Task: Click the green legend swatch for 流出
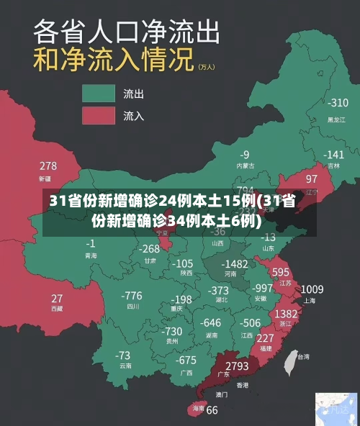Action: tap(99, 94)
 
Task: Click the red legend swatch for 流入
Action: tap(99, 115)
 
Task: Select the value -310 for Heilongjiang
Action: tap(338, 103)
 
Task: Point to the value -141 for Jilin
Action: tap(333, 155)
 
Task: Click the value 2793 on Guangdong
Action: tap(237, 366)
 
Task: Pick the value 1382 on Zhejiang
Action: tap(287, 314)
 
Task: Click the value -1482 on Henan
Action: tap(235, 264)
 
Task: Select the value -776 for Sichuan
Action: tap(132, 296)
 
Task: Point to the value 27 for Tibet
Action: tap(57, 298)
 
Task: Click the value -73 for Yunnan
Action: tap(123, 355)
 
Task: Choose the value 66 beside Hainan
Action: tap(212, 411)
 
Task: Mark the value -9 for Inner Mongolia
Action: tap(245, 155)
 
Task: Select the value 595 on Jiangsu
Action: tap(281, 272)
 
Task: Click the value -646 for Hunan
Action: tap(210, 323)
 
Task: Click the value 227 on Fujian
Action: tap(265, 337)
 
